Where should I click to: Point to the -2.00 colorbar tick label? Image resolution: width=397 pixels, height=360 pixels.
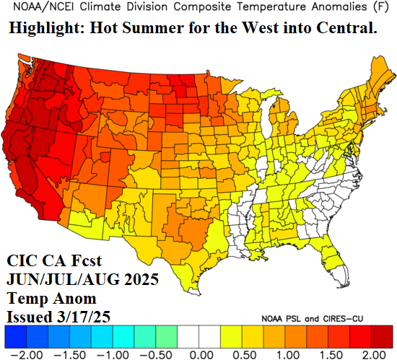(17, 354)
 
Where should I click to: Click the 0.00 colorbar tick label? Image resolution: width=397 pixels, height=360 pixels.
(199, 354)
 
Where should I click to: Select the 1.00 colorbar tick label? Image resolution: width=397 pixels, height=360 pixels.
(289, 354)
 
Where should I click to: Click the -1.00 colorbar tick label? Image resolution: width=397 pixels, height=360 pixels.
(108, 354)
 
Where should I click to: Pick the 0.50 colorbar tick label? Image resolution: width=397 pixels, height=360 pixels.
(245, 354)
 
